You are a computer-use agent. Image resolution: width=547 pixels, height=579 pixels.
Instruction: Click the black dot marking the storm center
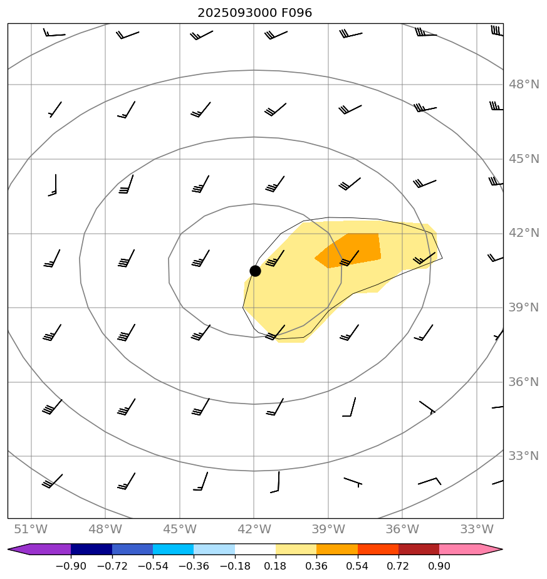click(255, 271)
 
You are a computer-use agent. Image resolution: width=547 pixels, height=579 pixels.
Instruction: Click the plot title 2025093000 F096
click(255, 13)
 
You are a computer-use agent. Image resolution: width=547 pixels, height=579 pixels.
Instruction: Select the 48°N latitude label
click(523, 85)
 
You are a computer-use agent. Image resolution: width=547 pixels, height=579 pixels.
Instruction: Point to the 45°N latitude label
click(523, 159)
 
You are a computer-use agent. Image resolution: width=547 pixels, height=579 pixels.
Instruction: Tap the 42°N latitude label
click(523, 233)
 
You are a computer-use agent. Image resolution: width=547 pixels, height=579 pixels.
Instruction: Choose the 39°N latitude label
click(523, 308)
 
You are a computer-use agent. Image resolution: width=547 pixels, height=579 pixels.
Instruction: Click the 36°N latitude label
click(523, 382)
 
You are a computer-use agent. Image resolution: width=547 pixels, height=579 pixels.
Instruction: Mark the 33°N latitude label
click(523, 456)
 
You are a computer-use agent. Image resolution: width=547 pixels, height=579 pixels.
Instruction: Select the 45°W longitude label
click(180, 529)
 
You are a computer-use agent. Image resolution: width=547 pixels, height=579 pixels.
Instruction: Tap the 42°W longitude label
click(254, 529)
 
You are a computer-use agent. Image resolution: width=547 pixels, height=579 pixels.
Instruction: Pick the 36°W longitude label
click(402, 529)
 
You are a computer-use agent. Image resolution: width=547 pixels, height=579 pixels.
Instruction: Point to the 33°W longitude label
click(477, 529)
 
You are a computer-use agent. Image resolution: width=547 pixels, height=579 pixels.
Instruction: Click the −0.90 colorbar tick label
click(71, 566)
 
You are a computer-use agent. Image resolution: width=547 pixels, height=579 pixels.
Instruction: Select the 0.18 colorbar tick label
click(276, 566)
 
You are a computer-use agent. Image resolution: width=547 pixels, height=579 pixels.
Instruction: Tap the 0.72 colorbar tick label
click(399, 566)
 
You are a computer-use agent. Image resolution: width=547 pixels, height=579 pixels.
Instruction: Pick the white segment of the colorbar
click(255, 550)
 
